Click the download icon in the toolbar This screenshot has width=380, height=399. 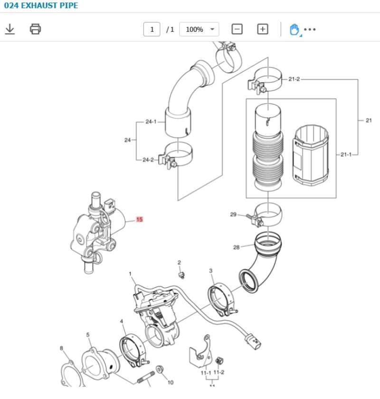[x=9, y=29]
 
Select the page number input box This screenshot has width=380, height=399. [x=152, y=29]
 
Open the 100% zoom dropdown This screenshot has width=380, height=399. [x=199, y=29]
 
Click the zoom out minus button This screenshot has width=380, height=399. [x=237, y=29]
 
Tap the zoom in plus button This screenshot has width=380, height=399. [x=263, y=29]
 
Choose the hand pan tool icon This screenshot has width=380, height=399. [x=294, y=29]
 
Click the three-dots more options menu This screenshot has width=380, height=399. [x=310, y=29]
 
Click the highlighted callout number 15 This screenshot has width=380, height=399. [x=139, y=220]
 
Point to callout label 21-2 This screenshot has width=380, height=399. [x=294, y=79]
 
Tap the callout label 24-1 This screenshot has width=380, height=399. [x=151, y=122]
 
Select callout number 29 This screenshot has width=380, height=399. [x=233, y=214]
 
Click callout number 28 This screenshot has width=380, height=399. [x=237, y=247]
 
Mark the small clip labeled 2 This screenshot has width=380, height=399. [x=180, y=275]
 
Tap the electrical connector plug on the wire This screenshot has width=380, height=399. [x=252, y=341]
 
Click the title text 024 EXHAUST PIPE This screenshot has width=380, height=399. [x=41, y=6]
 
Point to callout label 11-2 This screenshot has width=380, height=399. [x=219, y=372]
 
